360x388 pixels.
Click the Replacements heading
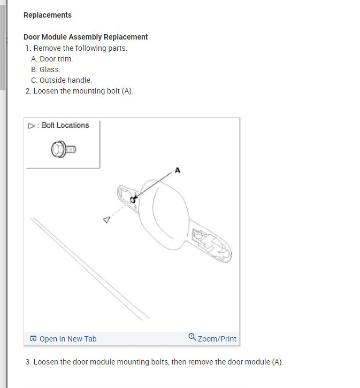pyautogui.click(x=48, y=15)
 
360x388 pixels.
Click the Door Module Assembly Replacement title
pyautogui.click(x=86, y=37)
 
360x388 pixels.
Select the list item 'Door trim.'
pyautogui.click(x=56, y=59)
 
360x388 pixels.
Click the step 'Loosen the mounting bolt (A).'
pyautogui.click(x=83, y=91)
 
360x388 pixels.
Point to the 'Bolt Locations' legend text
pyautogui.click(x=65, y=125)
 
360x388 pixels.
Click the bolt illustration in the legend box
pyautogui.click(x=63, y=150)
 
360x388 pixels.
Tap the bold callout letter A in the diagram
pyautogui.click(x=178, y=170)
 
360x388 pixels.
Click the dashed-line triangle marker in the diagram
pyautogui.click(x=106, y=220)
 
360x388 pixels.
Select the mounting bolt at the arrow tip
pyautogui.click(x=133, y=200)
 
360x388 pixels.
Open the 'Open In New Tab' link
pyautogui.click(x=68, y=339)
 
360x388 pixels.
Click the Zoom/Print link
pyautogui.click(x=217, y=339)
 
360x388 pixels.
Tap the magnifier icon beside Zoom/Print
pyautogui.click(x=193, y=337)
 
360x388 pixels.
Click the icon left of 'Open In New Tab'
pyautogui.click(x=33, y=339)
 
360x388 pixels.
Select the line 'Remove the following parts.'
pyautogui.click(x=80, y=48)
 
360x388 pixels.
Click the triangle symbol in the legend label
pyautogui.click(x=31, y=126)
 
